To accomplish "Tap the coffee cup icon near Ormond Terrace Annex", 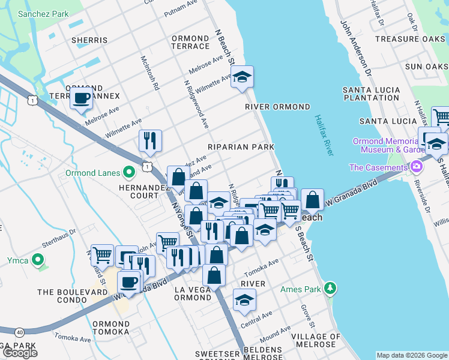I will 81,98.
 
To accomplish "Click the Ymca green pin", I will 38,260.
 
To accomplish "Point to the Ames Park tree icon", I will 330,289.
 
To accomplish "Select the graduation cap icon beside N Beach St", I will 242,77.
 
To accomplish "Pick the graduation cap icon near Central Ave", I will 244,299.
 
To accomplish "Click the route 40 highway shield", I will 20,332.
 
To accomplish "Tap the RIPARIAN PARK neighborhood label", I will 241,147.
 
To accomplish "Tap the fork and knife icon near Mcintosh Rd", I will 150,140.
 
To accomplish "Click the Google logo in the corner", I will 19,352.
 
